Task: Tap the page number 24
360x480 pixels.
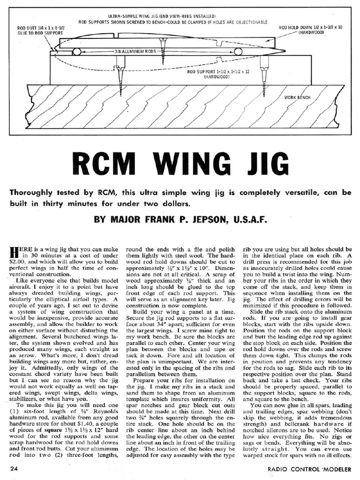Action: (14, 468)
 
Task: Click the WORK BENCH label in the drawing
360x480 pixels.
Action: (298, 97)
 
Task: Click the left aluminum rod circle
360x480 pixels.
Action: (76, 51)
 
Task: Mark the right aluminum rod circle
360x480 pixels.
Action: (238, 51)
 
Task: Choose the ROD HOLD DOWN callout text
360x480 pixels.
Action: (310, 30)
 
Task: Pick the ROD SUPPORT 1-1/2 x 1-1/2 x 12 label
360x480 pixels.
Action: (216, 73)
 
